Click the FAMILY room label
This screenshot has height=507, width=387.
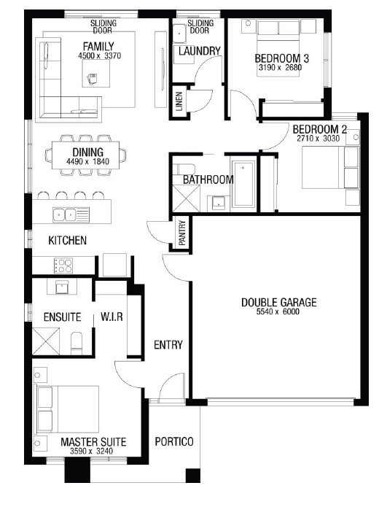[98, 46]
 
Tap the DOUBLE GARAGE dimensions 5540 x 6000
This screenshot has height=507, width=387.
[278, 311]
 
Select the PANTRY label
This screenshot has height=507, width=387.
[182, 233]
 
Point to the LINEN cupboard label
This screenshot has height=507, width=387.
[179, 101]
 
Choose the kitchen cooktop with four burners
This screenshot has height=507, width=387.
[63, 265]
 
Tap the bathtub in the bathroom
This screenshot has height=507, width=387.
[243, 185]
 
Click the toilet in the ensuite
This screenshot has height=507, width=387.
[77, 343]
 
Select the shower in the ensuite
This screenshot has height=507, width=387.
[46, 341]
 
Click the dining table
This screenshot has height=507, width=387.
[85, 155]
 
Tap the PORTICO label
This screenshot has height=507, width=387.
[174, 441]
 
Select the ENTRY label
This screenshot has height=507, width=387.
[168, 345]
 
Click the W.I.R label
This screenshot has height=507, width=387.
[112, 317]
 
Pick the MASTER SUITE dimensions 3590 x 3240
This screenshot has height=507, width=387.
[91, 451]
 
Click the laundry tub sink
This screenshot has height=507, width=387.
[179, 33]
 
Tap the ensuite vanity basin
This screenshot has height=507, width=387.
[62, 287]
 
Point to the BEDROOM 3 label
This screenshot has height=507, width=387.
[282, 58]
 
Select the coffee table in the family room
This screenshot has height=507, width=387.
[96, 74]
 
